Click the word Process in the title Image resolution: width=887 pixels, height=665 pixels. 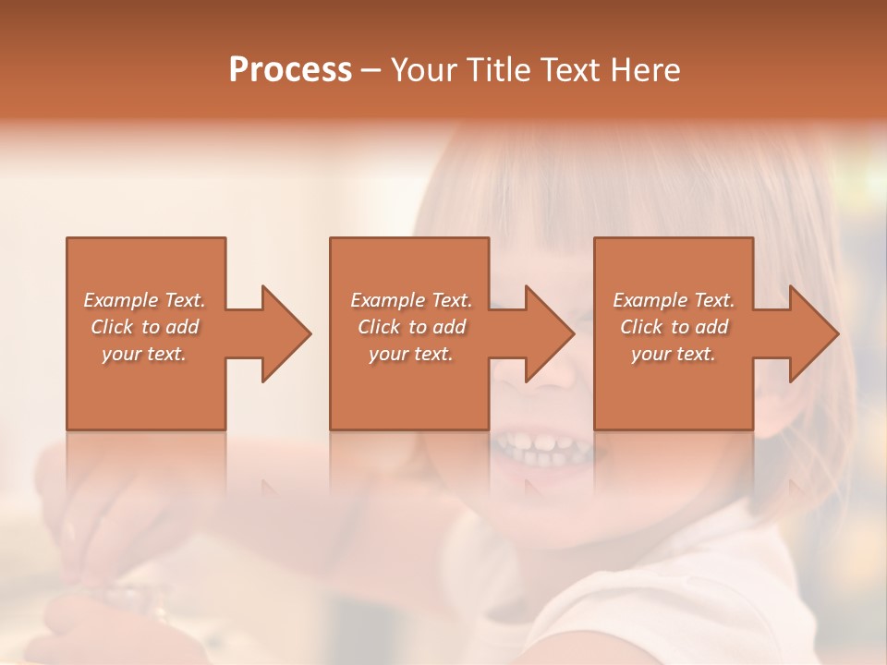point(290,70)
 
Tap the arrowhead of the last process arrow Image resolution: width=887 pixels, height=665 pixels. point(813,333)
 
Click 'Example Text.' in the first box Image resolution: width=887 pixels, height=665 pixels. point(144,300)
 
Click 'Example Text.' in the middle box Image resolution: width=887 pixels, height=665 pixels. point(411,300)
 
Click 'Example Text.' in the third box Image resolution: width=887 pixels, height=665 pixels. point(674,300)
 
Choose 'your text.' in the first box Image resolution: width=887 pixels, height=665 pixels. point(144,354)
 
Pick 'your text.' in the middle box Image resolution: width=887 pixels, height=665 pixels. point(411,354)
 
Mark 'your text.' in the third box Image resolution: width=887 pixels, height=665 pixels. point(674,354)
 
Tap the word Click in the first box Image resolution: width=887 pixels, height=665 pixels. point(112,327)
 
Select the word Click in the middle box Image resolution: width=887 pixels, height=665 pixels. point(379,327)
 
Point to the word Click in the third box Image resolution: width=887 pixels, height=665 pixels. point(641,327)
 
